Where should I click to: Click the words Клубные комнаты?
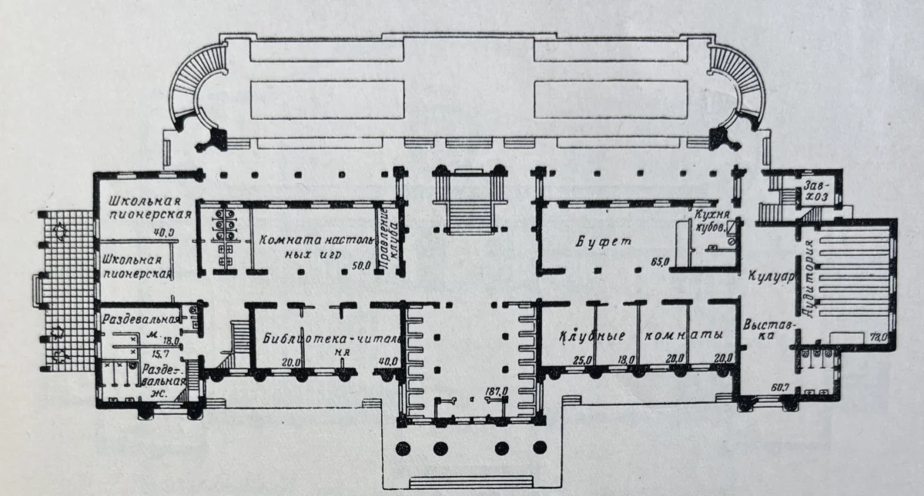coord(641,338)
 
